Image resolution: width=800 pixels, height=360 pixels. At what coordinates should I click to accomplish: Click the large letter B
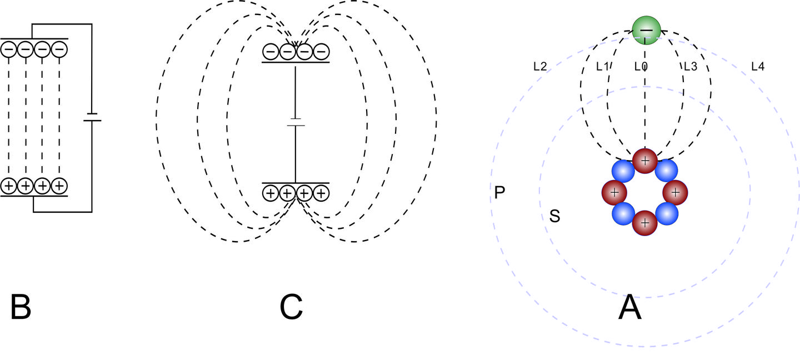click(x=21, y=307)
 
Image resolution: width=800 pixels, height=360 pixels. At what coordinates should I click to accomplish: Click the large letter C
click(x=291, y=307)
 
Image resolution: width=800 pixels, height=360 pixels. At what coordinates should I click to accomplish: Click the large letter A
click(x=629, y=307)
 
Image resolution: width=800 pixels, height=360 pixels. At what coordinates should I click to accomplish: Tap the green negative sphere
click(x=646, y=29)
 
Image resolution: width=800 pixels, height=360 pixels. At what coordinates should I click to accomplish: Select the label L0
click(x=641, y=67)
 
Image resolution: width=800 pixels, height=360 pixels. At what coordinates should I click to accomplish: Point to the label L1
click(x=603, y=67)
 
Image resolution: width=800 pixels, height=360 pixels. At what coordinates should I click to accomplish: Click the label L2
click(x=539, y=67)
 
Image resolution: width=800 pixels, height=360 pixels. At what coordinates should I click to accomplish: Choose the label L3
click(x=690, y=67)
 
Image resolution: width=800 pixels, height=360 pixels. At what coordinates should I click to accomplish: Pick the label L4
click(x=757, y=67)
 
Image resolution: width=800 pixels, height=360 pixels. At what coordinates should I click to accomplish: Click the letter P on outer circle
click(x=499, y=193)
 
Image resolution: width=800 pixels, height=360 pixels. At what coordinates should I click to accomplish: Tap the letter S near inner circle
click(x=554, y=216)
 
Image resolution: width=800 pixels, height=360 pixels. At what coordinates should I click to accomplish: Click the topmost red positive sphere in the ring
click(x=645, y=161)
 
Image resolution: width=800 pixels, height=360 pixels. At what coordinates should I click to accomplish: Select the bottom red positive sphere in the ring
click(x=645, y=223)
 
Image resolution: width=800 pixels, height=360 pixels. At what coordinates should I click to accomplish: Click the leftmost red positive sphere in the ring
click(x=614, y=192)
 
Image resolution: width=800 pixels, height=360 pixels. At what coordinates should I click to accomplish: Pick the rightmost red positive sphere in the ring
click(x=676, y=192)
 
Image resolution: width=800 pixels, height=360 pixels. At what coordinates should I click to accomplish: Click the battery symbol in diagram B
click(x=92, y=118)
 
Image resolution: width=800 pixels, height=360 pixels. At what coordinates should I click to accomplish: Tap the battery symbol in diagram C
click(x=296, y=122)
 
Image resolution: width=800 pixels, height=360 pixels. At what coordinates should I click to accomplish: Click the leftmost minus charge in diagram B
click(x=9, y=50)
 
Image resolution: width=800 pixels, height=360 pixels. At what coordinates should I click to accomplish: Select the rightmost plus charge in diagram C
click(x=321, y=193)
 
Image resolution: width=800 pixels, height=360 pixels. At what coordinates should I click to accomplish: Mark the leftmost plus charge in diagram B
click(x=9, y=186)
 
